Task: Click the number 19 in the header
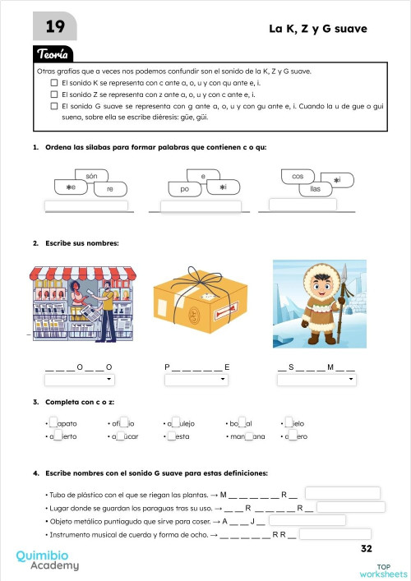pyautogui.click(x=55, y=27)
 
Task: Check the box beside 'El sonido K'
pyautogui.click(x=54, y=83)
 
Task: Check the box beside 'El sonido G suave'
pyautogui.click(x=54, y=106)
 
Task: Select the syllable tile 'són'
pyautogui.click(x=91, y=177)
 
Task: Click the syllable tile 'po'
pyautogui.click(x=185, y=189)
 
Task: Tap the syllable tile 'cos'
pyautogui.click(x=298, y=177)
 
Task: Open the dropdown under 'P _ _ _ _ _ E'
pyautogui.click(x=196, y=380)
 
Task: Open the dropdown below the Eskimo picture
pyautogui.click(x=316, y=380)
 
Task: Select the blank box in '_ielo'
pyautogui.click(x=289, y=423)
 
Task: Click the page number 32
pyautogui.click(x=367, y=548)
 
